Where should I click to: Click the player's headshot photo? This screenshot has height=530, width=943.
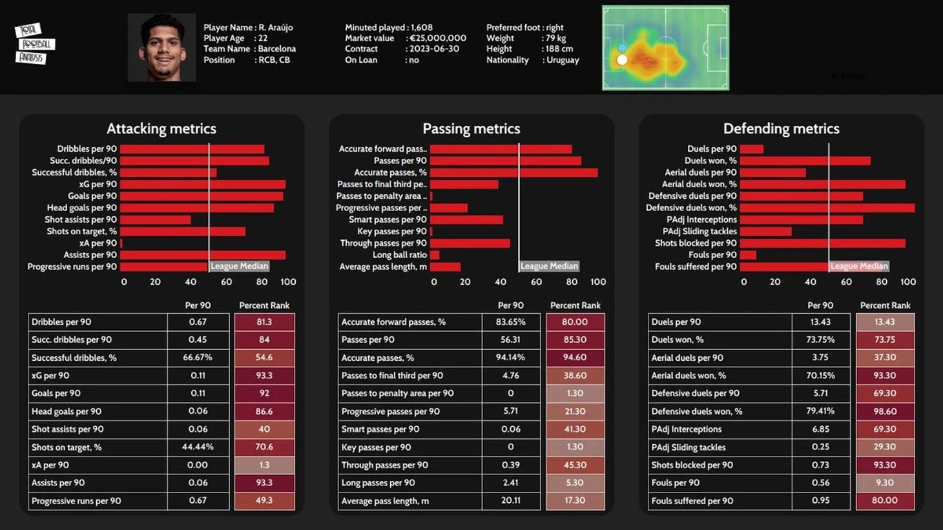[161, 48]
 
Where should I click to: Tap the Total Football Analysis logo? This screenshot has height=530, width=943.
[35, 44]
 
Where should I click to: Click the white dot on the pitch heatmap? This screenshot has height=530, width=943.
[622, 60]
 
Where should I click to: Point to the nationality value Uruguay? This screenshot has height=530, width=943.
[563, 60]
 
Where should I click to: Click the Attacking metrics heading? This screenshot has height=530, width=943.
[161, 128]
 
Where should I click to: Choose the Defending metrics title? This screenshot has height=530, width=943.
[781, 128]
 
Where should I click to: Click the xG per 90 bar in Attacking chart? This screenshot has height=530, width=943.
[203, 184]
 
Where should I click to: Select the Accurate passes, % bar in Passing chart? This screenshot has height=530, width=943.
[513, 172]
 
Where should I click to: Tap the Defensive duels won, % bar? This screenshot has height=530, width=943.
[827, 208]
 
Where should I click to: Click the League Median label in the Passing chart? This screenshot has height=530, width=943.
[549, 266]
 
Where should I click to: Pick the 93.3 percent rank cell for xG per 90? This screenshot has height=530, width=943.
[264, 375]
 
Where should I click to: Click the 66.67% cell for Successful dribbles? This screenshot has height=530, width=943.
[198, 357]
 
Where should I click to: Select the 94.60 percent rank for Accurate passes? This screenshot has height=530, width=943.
[575, 357]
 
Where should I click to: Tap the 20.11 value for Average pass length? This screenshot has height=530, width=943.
[511, 500]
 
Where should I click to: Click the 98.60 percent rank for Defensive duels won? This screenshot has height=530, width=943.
[885, 411]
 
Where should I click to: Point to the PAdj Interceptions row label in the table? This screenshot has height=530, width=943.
[687, 429]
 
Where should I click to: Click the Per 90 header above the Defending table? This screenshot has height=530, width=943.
[820, 305]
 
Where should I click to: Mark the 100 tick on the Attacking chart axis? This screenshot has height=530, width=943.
[288, 281]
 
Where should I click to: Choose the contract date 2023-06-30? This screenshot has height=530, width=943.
[434, 49]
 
